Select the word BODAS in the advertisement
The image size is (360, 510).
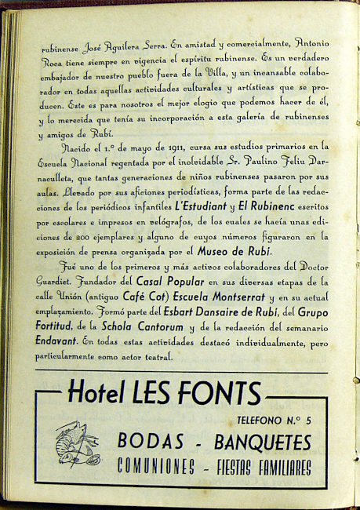(147, 441)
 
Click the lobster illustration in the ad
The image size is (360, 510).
(76, 443)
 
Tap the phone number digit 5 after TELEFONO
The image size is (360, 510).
(308, 421)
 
